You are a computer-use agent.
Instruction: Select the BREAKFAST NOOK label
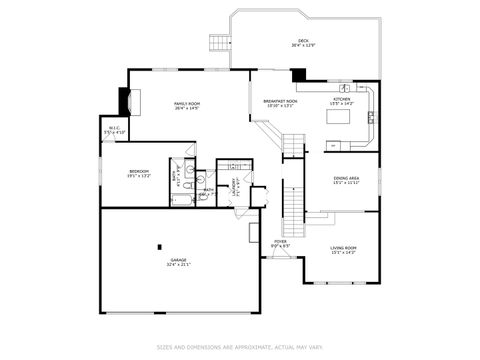click(280, 103)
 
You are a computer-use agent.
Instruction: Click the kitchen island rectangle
click(340, 116)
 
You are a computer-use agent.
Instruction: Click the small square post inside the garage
click(159, 246)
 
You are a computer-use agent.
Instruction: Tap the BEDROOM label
click(139, 173)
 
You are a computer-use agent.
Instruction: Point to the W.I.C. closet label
click(114, 129)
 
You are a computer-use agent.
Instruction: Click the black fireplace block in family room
click(125, 101)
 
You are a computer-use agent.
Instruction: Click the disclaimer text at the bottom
click(240, 347)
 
